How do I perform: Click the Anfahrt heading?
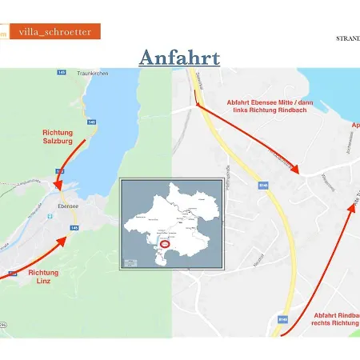click(x=180, y=58)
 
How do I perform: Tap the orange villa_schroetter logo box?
click(x=55, y=32)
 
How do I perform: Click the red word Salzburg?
click(x=58, y=141)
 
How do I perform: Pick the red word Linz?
click(x=44, y=282)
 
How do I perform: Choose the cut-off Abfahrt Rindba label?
click(x=337, y=314)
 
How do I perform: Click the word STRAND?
click(x=347, y=38)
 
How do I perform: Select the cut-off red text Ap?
click(x=354, y=126)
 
